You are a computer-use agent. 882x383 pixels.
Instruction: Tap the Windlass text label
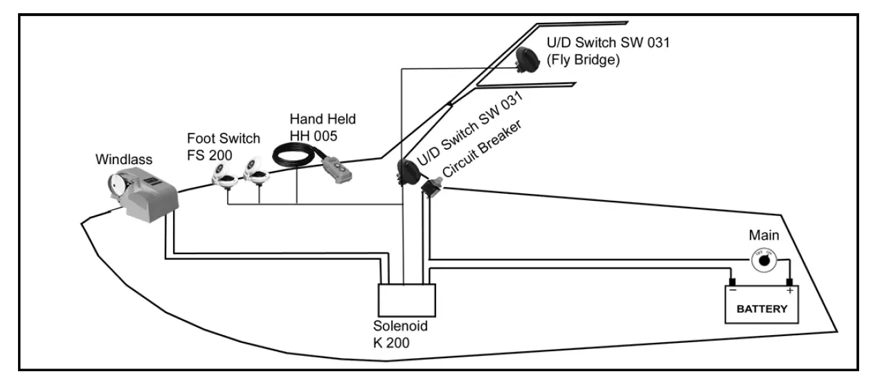[123, 159]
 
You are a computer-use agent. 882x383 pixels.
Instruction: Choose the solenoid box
[406, 299]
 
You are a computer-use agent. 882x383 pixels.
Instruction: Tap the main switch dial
[764, 261]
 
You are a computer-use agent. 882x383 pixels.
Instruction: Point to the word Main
[764, 235]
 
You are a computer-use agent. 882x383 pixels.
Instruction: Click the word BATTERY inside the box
[762, 309]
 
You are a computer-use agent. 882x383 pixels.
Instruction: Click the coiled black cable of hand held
[294, 157]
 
